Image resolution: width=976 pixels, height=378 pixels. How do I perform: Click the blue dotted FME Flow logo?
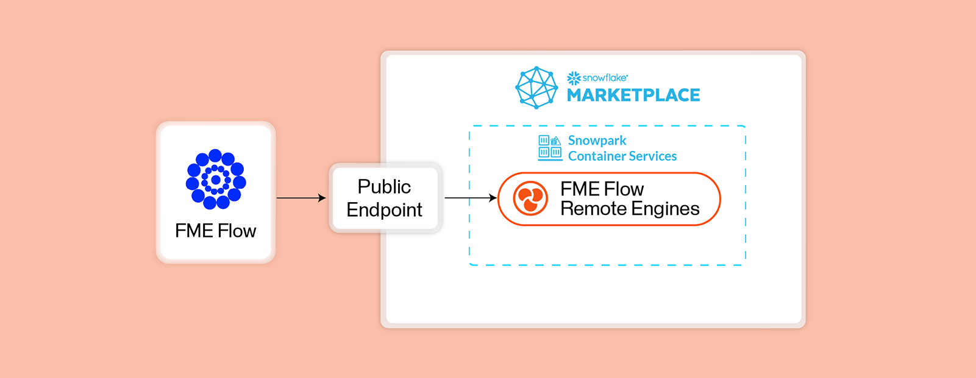[x=216, y=179]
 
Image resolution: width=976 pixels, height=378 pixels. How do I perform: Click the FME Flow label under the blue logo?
[x=215, y=231]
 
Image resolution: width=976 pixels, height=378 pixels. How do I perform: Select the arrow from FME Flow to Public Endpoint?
[x=301, y=198]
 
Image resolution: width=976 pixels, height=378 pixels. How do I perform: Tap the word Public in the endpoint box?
[x=384, y=187]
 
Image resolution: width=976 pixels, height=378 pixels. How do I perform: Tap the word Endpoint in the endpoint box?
[x=384, y=210]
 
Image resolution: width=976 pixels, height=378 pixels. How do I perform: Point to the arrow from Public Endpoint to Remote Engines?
[x=470, y=198]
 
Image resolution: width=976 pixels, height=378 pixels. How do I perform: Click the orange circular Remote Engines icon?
[x=530, y=198]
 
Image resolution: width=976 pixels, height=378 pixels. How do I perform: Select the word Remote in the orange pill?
[x=590, y=209]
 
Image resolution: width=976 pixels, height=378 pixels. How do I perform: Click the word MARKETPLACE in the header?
[x=633, y=96]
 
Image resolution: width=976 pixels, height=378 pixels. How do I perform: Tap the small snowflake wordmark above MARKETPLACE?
[x=605, y=78]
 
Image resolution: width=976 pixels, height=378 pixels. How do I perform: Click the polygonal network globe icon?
[x=536, y=88]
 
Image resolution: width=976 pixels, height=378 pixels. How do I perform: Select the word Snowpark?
[x=597, y=141]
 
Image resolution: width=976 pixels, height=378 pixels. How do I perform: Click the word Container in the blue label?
[x=595, y=156]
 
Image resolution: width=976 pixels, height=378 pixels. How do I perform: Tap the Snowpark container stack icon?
[x=550, y=148]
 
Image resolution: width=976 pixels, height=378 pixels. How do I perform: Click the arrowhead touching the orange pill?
[x=493, y=198]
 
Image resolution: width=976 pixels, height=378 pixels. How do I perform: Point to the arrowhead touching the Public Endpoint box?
[x=322, y=198]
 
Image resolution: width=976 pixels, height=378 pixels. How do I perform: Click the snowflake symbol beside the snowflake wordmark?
[x=574, y=78]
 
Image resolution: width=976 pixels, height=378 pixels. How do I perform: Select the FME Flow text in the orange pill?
[x=602, y=189]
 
